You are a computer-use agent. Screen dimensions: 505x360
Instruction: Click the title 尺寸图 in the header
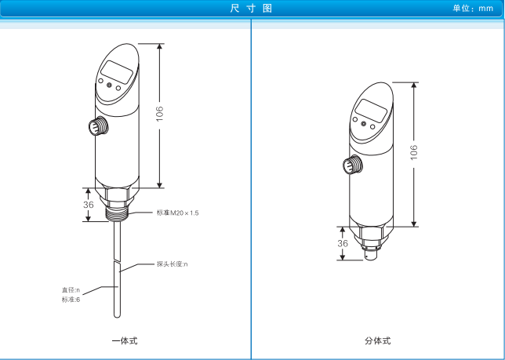251,9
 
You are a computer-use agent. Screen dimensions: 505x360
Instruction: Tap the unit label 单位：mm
473,9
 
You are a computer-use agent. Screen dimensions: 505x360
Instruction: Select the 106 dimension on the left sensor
160,114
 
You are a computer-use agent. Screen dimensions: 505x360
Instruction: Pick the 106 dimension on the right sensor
414,152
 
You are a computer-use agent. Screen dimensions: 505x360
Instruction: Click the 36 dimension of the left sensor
89,205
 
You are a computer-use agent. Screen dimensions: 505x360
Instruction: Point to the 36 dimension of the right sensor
343,243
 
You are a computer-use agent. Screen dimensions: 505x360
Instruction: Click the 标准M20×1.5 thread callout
177,213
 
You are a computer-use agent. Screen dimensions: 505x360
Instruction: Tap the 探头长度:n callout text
172,264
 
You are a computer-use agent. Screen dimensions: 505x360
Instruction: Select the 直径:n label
71,290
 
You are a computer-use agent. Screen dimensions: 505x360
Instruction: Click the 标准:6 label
71,300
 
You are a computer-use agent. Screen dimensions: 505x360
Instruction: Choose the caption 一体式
125,340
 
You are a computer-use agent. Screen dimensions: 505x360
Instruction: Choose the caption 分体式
378,340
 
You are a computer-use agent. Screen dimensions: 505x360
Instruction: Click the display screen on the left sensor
117,72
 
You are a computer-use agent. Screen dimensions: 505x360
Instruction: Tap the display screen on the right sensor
371,111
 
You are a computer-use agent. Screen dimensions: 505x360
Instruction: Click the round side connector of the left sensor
98,126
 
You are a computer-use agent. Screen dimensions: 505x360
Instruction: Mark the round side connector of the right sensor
353,165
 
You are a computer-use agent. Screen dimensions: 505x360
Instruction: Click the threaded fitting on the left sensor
118,214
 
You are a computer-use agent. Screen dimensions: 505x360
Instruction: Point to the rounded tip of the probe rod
118,316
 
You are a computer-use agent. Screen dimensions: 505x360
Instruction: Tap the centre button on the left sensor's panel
109,85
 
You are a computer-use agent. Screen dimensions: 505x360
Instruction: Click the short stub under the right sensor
372,255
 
